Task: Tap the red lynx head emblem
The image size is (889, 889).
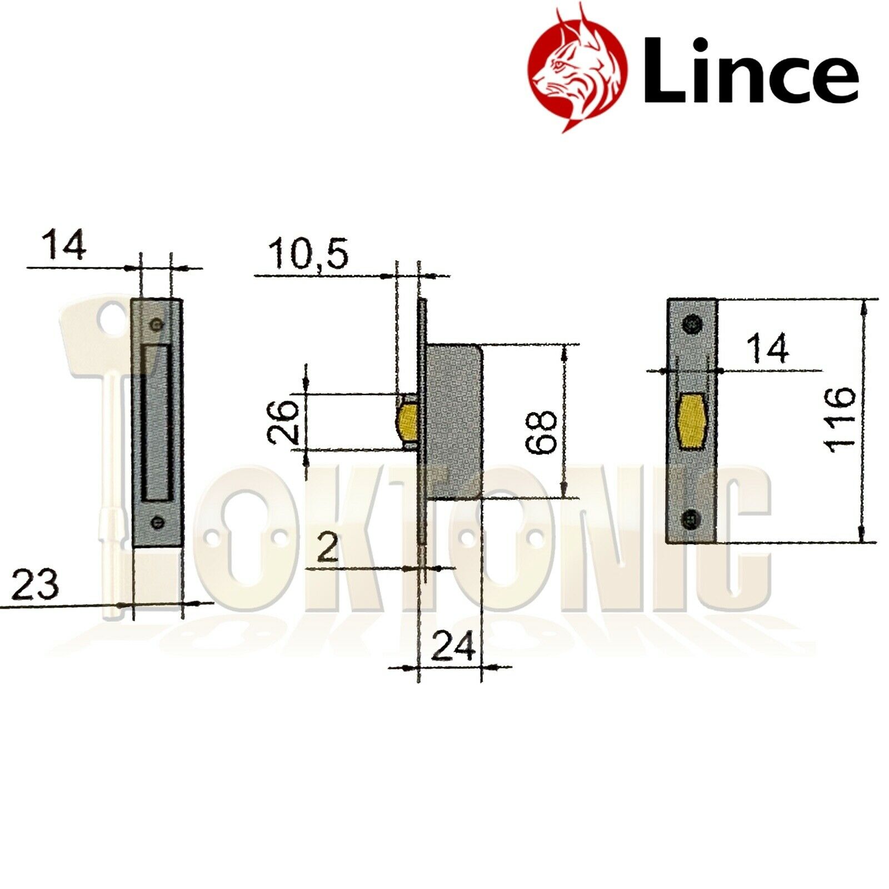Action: [578, 69]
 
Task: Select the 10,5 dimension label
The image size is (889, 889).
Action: [309, 254]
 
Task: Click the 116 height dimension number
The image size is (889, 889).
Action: [840, 419]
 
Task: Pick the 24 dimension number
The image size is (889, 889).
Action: [453, 646]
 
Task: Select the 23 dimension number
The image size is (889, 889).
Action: [34, 585]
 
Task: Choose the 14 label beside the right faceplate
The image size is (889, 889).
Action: [767, 348]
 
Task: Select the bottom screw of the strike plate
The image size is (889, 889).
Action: [158, 522]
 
